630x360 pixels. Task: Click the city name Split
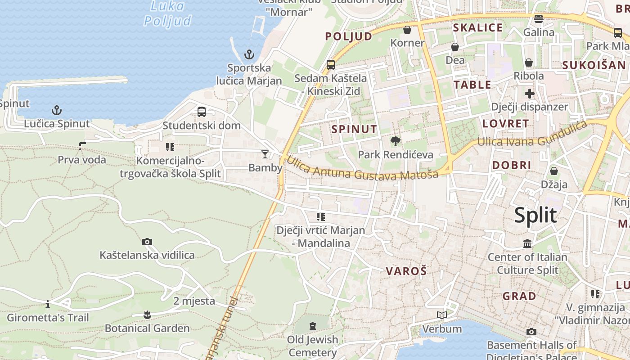tap(535, 216)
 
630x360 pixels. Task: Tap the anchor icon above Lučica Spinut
tap(57, 110)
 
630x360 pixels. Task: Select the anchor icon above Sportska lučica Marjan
tap(249, 55)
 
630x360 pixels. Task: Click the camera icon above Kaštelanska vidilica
tap(147, 242)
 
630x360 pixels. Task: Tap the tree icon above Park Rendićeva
tap(396, 141)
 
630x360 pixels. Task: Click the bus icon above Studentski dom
tap(202, 112)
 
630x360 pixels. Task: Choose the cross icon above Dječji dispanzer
tap(529, 94)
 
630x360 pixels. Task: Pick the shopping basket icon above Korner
tap(407, 30)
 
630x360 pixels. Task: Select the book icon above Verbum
tap(442, 315)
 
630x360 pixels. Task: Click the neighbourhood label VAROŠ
tap(406, 271)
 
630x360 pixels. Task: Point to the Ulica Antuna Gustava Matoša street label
tap(362, 169)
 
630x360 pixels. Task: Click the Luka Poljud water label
tap(167, 13)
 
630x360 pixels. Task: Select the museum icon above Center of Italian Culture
tap(527, 244)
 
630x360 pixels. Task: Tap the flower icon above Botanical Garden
tap(147, 315)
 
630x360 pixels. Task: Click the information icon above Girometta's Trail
tap(48, 305)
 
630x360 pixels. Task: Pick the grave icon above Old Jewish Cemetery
tap(313, 326)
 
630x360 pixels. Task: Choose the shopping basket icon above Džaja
tap(554, 171)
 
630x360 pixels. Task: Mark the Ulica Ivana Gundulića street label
tap(532, 135)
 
